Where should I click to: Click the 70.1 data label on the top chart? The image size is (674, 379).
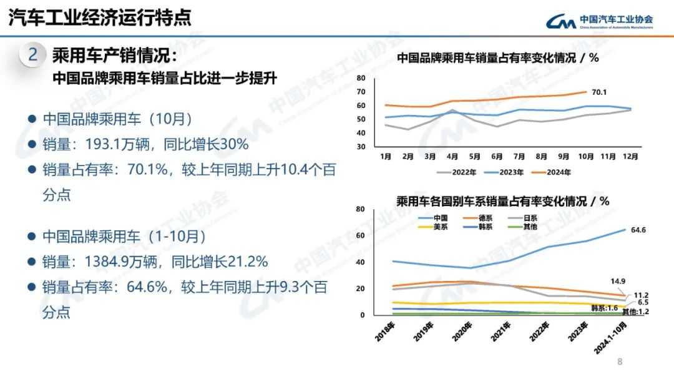[x=599, y=92]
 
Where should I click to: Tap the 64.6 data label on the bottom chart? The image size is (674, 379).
[x=638, y=230]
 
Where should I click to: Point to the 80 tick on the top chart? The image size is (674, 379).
[x=361, y=78]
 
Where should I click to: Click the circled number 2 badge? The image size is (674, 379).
[x=33, y=55]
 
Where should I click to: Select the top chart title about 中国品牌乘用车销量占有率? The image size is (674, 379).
[x=497, y=58]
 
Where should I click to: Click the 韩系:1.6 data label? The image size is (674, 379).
[x=603, y=308]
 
